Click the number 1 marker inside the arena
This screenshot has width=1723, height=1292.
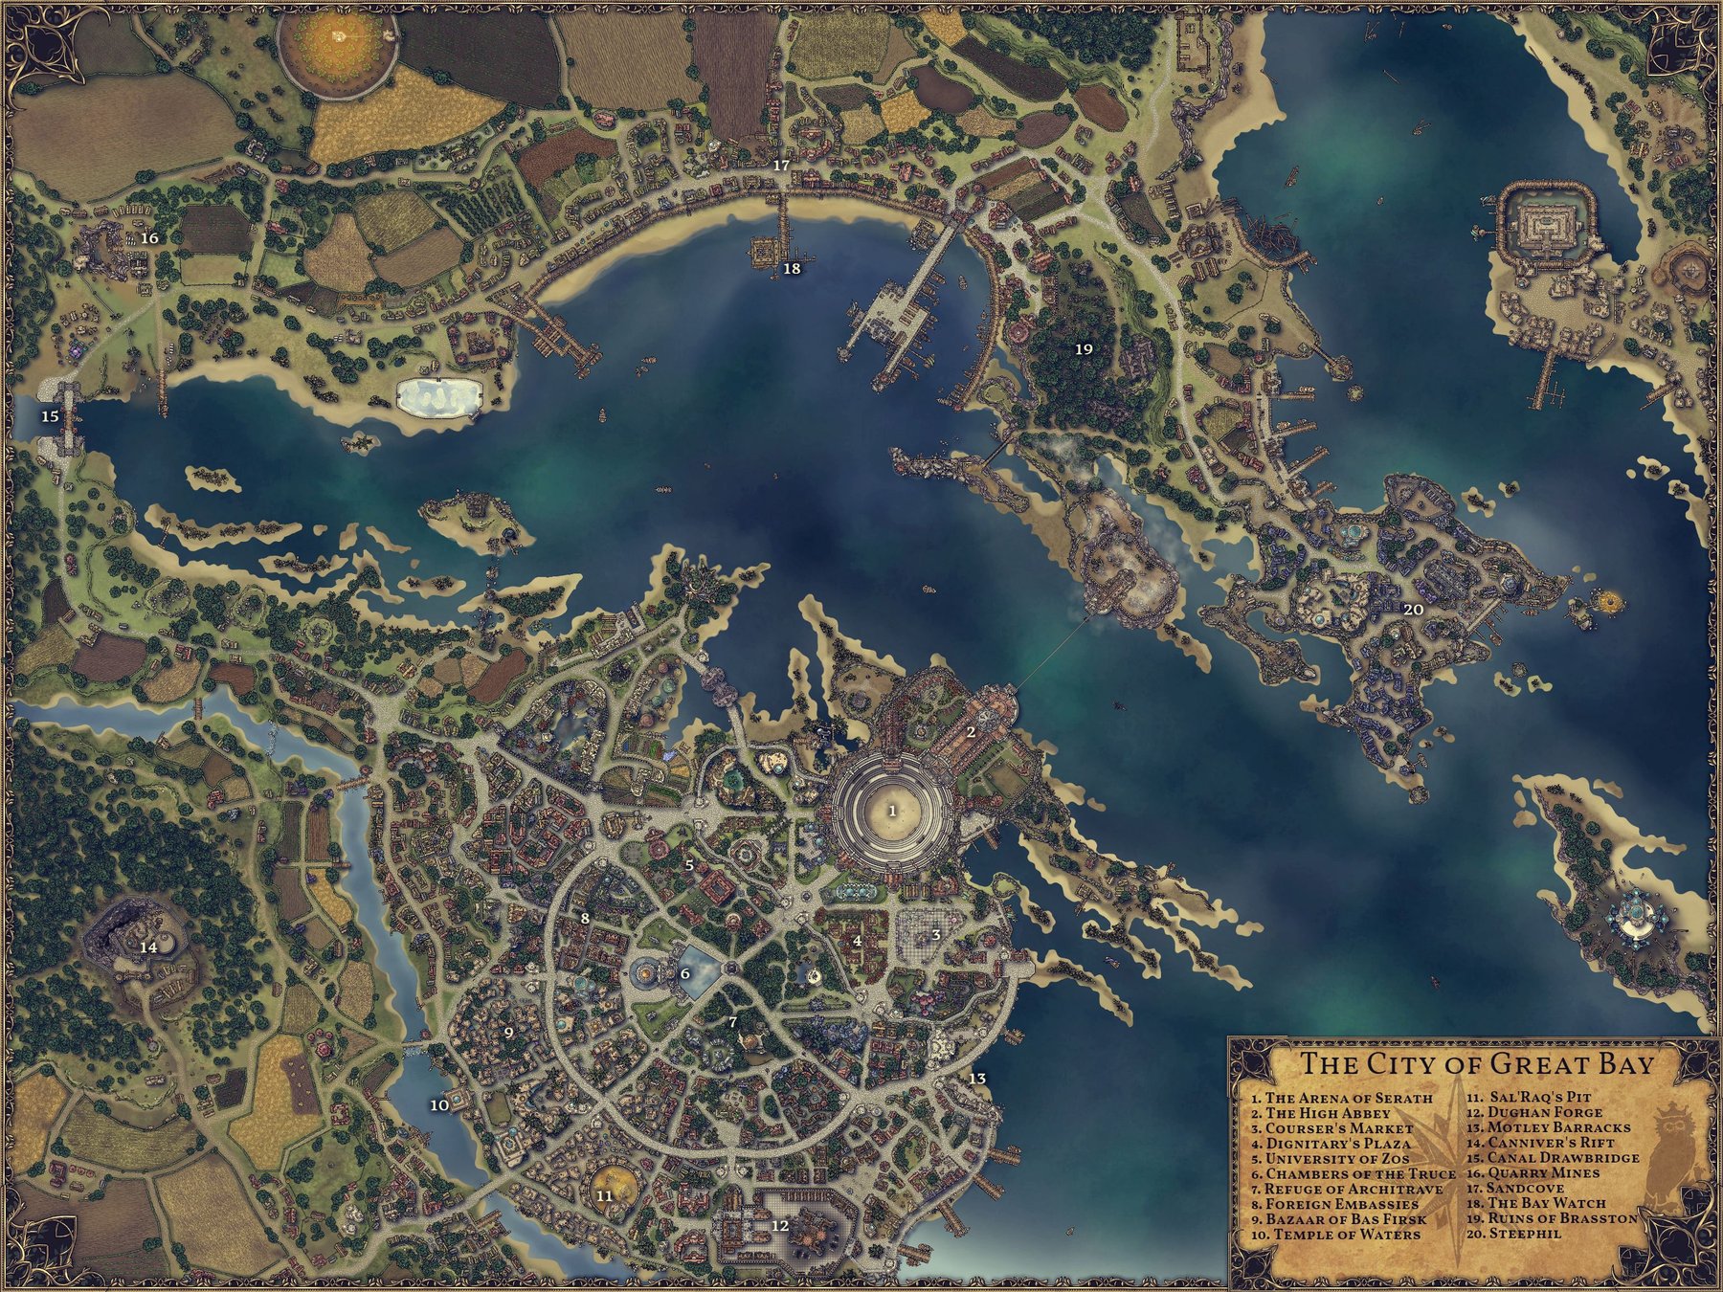893,810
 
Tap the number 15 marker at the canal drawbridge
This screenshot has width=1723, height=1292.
50,416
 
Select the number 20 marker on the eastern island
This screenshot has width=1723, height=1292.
1413,609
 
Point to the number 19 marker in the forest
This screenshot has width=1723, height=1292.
1084,349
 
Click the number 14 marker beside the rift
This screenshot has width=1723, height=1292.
147,947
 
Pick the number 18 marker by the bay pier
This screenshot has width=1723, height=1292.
792,269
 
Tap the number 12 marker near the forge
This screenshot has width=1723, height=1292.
779,1225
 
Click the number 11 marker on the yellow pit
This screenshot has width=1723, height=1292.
604,1195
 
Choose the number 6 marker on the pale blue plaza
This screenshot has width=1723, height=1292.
684,974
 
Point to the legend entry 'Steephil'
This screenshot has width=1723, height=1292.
1508,1235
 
